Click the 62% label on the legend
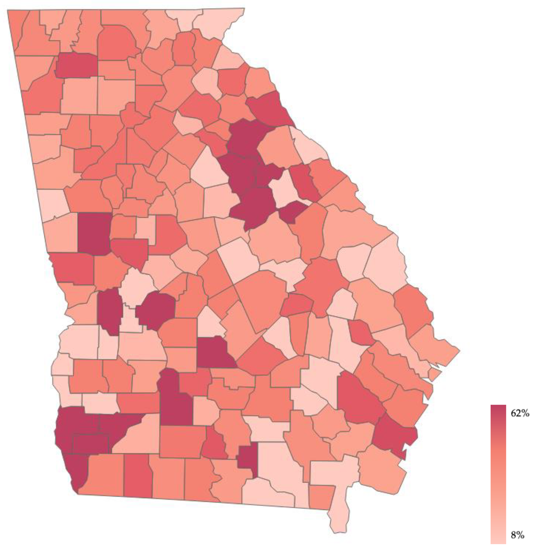(520, 413)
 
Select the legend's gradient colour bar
(498, 473)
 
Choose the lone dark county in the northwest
(77, 65)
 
